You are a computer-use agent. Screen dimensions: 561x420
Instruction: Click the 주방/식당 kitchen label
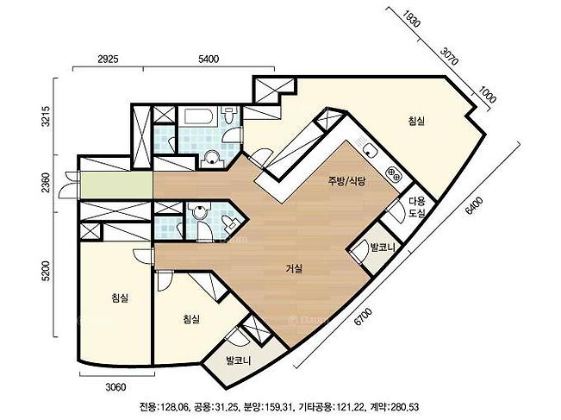pyautogui.click(x=347, y=181)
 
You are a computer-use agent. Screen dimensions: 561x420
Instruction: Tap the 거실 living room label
pyautogui.click(x=294, y=268)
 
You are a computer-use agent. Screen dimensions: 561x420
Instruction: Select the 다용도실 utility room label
pyautogui.click(x=417, y=207)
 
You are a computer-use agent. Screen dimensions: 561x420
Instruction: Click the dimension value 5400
pyautogui.click(x=209, y=59)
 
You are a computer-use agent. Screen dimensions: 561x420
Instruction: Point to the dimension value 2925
pyautogui.click(x=108, y=59)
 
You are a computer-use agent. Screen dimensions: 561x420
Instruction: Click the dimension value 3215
pyautogui.click(x=47, y=116)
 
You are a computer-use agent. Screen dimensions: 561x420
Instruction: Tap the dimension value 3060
pyautogui.click(x=116, y=387)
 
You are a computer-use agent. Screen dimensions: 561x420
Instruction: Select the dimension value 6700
pyautogui.click(x=363, y=317)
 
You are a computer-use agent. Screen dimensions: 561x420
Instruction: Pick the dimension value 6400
pyautogui.click(x=475, y=205)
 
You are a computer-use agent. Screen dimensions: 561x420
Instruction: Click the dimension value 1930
pyautogui.click(x=411, y=18)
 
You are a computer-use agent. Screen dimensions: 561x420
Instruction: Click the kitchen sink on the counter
pyautogui.click(x=370, y=150)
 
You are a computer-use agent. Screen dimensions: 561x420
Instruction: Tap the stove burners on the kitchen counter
pyautogui.click(x=394, y=174)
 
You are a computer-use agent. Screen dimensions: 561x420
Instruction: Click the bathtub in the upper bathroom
pyautogui.click(x=199, y=117)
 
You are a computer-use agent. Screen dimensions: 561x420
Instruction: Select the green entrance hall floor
pyautogui.click(x=117, y=185)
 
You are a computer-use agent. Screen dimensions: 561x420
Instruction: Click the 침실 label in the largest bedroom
pyautogui.click(x=416, y=121)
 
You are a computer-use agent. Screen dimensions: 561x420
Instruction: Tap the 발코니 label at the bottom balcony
pyautogui.click(x=239, y=360)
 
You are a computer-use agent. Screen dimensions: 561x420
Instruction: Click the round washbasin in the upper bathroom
pyautogui.click(x=213, y=158)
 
